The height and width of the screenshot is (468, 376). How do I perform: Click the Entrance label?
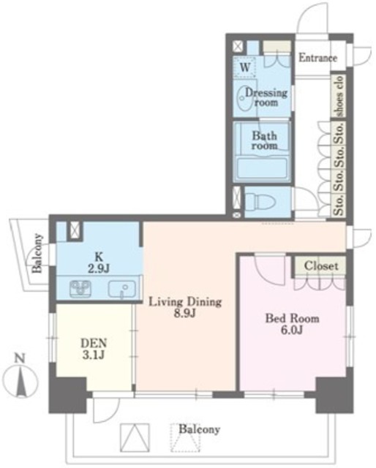click(317, 58)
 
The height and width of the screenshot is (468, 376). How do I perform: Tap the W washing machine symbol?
click(245, 67)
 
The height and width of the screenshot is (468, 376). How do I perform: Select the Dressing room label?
click(266, 97)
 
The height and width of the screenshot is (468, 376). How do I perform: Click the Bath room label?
click(264, 140)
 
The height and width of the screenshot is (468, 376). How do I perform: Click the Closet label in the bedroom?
click(321, 265)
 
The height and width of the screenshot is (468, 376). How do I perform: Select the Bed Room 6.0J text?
click(293, 324)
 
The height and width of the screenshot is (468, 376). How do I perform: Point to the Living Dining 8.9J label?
click(185, 307)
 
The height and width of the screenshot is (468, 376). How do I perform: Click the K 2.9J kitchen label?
click(99, 263)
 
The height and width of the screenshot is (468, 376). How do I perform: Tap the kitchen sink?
click(122, 289)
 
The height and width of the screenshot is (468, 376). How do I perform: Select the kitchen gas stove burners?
click(80, 289)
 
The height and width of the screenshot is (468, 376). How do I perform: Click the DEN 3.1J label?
click(94, 349)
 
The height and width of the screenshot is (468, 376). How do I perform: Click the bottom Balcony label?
click(199, 429)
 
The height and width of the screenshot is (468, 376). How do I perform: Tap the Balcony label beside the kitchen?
click(37, 254)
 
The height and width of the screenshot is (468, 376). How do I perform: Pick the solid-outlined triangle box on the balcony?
click(135, 437)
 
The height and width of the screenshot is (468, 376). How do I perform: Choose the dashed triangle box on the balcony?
click(185, 437)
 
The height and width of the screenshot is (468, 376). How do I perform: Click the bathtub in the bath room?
click(262, 169)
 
